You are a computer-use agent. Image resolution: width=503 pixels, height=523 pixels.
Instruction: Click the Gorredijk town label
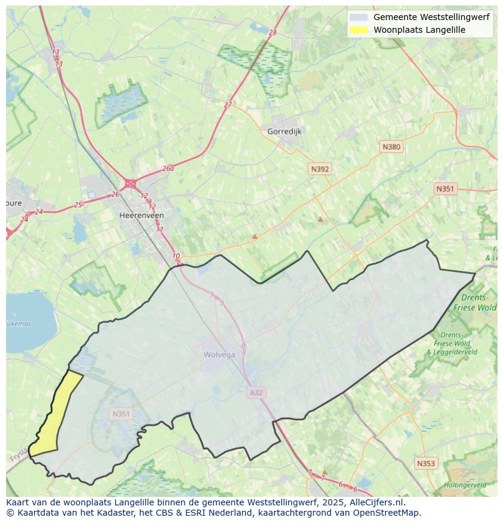tap(284, 131)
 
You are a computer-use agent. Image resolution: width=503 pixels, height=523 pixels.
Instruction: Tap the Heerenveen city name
tap(141, 216)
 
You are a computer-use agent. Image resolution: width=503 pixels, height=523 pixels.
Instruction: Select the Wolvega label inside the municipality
tap(219, 355)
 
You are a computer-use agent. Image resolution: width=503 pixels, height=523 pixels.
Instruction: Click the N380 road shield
tap(391, 147)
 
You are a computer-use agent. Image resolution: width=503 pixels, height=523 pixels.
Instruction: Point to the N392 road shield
tap(320, 169)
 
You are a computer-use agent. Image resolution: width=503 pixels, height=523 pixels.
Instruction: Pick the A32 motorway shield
tap(256, 393)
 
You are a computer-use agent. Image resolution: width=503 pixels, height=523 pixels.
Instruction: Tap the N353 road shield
tap(426, 463)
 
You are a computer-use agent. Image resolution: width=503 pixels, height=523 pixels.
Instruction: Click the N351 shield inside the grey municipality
tap(121, 414)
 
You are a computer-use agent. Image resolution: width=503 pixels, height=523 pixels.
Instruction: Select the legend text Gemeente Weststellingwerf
tap(431, 17)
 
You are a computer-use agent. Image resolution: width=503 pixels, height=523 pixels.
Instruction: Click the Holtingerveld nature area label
tap(465, 485)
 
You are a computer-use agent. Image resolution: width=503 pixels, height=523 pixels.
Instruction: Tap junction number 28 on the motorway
tap(272, 32)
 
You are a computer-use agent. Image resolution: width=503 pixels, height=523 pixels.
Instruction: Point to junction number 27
tap(228, 104)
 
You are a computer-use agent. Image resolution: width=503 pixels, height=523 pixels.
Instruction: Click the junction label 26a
tap(168, 169)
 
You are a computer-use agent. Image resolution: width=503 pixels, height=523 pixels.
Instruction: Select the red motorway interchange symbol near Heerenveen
tap(130, 183)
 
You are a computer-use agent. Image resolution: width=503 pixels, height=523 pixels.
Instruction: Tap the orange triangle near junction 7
tap(324, 471)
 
